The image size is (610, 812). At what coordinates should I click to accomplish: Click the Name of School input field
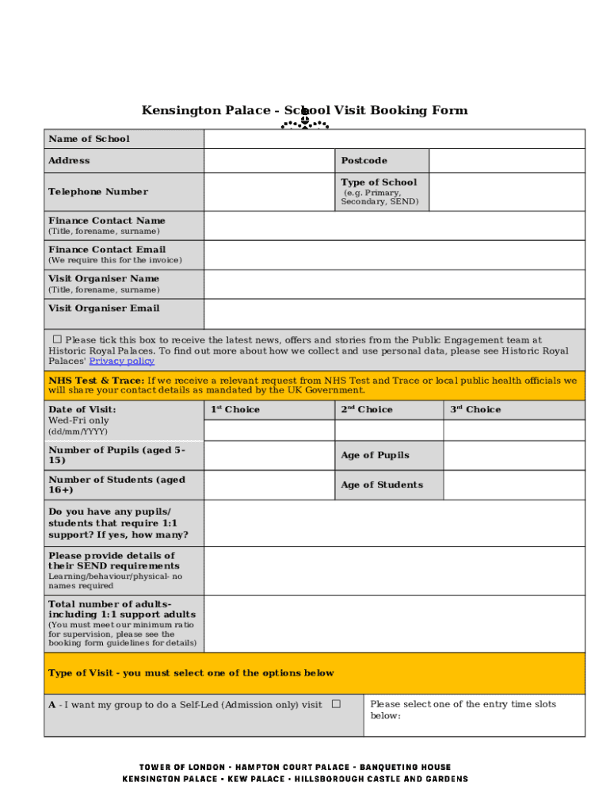pos(394,139)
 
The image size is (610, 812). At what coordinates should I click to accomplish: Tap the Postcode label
pos(364,161)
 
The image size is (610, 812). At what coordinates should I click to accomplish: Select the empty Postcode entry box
pos(507,161)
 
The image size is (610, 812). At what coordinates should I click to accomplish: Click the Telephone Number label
pos(97,192)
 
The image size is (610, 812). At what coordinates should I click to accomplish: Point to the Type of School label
pos(379,182)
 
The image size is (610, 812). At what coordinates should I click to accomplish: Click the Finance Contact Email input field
pos(394,255)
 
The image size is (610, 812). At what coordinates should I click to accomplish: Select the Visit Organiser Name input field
pos(394,284)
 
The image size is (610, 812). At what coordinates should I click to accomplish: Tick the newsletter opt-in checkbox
pos(57,339)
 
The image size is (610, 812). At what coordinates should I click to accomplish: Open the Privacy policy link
pos(121,362)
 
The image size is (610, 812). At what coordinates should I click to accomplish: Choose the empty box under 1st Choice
pos(269,430)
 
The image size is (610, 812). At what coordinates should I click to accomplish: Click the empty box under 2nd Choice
pos(388,430)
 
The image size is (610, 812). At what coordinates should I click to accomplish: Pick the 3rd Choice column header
pos(475,410)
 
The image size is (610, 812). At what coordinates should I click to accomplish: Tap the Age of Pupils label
pos(375,455)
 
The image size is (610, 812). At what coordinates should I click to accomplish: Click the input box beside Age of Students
pos(514,485)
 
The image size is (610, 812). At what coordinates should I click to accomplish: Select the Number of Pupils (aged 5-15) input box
pos(269,455)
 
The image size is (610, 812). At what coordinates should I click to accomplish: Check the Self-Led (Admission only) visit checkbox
pos(336,704)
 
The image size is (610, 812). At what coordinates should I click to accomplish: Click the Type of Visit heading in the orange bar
pos(191,673)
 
